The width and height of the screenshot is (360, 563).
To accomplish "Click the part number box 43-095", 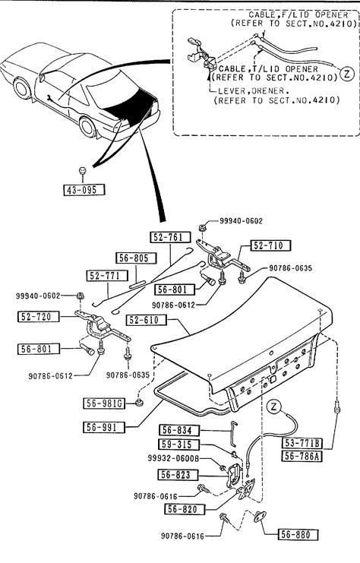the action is tap(84, 190).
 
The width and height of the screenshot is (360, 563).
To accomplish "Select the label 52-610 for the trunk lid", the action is tap(147, 320).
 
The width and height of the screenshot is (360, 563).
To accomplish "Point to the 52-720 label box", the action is tap(39, 316).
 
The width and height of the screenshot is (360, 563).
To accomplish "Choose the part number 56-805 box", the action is tap(137, 258).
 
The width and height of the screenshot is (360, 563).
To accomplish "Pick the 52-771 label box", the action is tap(107, 276).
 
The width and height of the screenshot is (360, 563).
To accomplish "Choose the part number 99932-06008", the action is tap(173, 458).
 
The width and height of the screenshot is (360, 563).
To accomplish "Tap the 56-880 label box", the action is tap(298, 534).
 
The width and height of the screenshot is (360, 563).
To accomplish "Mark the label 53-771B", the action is tap(302, 443).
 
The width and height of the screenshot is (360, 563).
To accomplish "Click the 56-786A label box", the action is tap(302, 456).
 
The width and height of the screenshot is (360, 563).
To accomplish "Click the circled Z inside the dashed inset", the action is tap(347, 74).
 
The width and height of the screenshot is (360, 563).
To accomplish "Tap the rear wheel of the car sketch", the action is tap(87, 127).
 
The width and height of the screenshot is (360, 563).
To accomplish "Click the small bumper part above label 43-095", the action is tap(83, 170).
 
